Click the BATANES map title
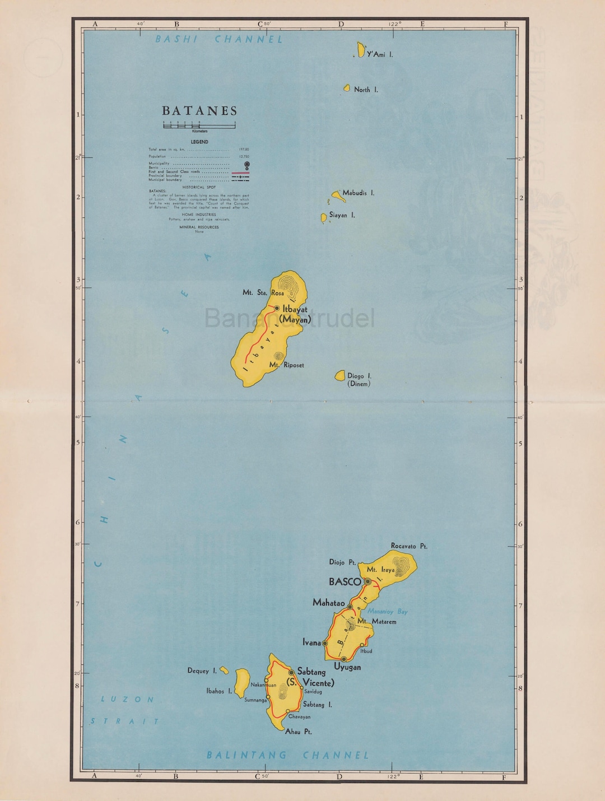(x=200, y=111)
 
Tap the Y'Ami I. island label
(x=380, y=54)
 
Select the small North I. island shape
(x=347, y=88)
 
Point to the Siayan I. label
(x=342, y=215)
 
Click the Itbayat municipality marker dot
(x=277, y=308)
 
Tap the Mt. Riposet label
(x=287, y=365)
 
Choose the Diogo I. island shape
(x=339, y=376)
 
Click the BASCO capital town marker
(x=367, y=582)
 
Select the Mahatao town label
(x=329, y=603)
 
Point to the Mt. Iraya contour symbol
(x=402, y=564)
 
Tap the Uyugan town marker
(x=344, y=659)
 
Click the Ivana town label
(x=311, y=642)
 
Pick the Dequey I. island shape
(x=224, y=670)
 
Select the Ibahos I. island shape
(x=242, y=682)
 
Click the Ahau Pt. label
(x=299, y=732)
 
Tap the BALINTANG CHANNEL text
(x=288, y=755)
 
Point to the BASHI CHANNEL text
(x=219, y=39)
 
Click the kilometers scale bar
(x=199, y=126)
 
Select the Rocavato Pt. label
(x=409, y=546)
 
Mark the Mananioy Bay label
(x=387, y=612)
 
